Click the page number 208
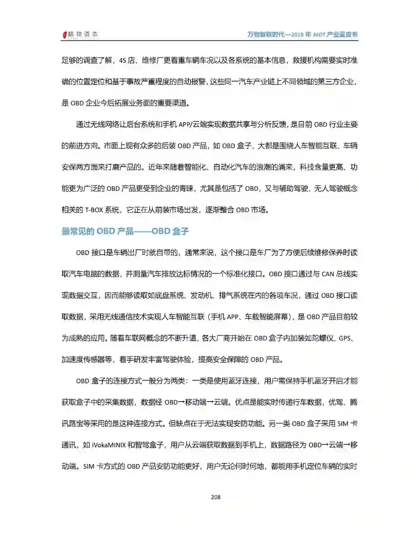tap(216, 497)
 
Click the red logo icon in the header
tap(65, 35)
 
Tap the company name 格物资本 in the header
tap(83, 35)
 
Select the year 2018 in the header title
tap(296, 35)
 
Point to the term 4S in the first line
tap(122, 61)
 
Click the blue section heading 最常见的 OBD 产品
tap(97, 232)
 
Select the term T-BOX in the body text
tap(94, 210)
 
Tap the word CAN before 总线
tap(328, 274)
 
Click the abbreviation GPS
tap(345, 338)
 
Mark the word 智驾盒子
tap(151, 445)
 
